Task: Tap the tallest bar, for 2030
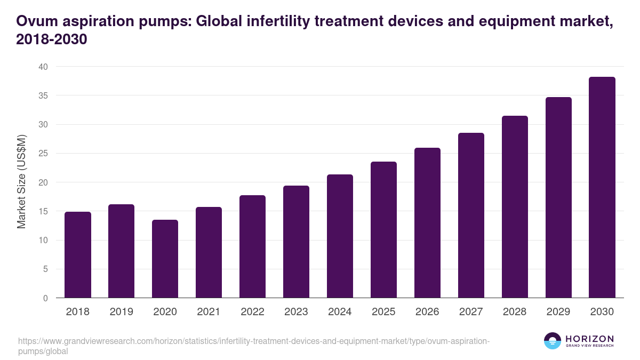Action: [x=602, y=187]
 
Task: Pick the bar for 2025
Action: [x=383, y=230]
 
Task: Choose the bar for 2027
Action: [x=471, y=215]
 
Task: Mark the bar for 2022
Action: [x=252, y=246]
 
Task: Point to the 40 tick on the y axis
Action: [x=43, y=67]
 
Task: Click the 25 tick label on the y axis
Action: [x=43, y=154]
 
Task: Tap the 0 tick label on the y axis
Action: [x=45, y=298]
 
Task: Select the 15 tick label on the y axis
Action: [x=43, y=211]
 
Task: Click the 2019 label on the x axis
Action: [x=122, y=312]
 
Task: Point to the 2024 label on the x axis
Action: [x=340, y=312]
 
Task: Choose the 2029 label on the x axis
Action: [x=558, y=312]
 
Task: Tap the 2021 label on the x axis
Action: [x=209, y=312]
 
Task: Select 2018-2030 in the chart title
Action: [x=52, y=39]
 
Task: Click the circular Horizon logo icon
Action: [x=553, y=341]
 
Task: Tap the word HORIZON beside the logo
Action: [x=589, y=338]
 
